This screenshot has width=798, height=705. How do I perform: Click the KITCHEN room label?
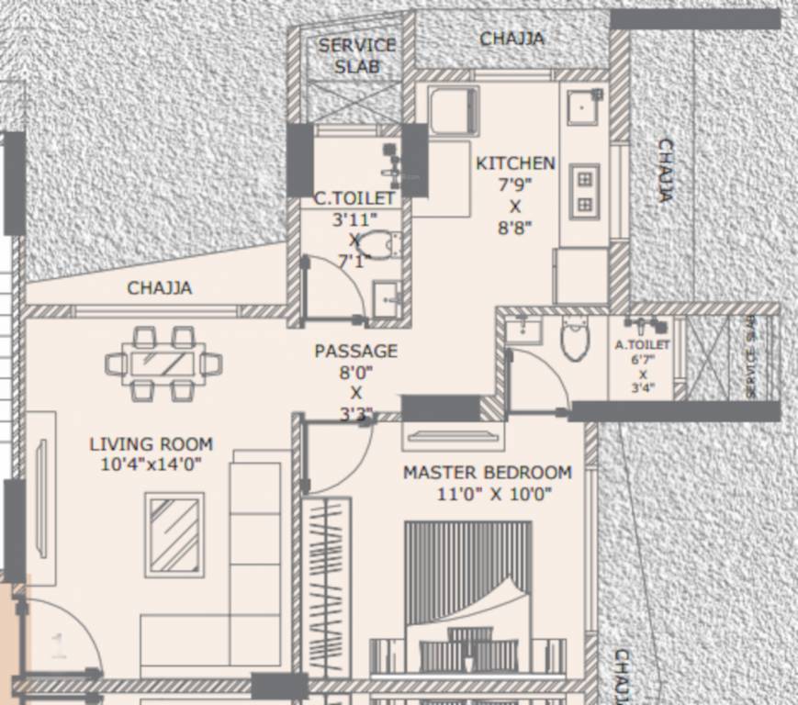point(515,163)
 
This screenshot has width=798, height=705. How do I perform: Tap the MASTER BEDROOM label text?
point(488,473)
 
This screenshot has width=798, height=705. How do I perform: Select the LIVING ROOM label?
point(152,444)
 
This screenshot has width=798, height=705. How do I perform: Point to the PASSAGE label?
point(356,351)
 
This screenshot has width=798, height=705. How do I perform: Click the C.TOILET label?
point(354,198)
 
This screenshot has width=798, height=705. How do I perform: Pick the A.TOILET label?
point(643,345)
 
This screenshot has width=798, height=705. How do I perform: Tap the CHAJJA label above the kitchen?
point(511,39)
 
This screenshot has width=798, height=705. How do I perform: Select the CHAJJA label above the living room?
point(160,288)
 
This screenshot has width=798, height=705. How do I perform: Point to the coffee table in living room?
point(174,535)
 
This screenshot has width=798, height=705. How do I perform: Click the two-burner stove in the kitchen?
point(584,191)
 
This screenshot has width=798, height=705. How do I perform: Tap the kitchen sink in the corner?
point(583,106)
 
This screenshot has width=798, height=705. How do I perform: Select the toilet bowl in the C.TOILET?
point(377,244)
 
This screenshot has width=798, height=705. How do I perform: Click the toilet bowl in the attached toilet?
point(575,337)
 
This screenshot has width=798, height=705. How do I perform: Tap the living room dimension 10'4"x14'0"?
point(152,464)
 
